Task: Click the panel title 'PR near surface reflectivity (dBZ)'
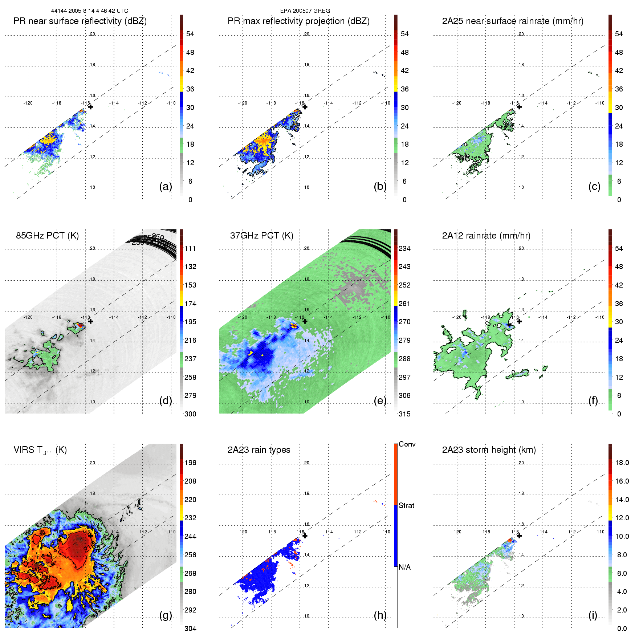click(80, 21)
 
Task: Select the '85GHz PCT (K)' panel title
click(47, 236)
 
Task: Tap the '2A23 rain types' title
click(259, 450)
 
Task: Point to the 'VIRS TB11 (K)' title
click(40, 450)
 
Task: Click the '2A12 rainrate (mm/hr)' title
click(486, 236)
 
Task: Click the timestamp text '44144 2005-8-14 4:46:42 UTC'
click(89, 11)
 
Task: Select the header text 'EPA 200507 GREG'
click(305, 11)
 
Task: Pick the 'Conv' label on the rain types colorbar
click(407, 444)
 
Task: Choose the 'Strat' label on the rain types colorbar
click(406, 506)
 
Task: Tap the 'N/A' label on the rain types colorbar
click(404, 567)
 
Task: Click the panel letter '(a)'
click(166, 186)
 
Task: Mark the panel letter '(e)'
click(380, 400)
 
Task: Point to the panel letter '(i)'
click(593, 615)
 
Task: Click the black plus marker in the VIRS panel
click(90, 536)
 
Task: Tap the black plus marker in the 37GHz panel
click(305, 321)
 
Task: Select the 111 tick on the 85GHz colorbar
click(190, 249)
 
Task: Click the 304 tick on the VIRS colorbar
click(190, 628)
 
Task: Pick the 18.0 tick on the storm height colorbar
click(622, 463)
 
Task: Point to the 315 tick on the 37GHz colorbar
click(404, 414)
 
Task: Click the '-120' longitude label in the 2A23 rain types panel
click(243, 532)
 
